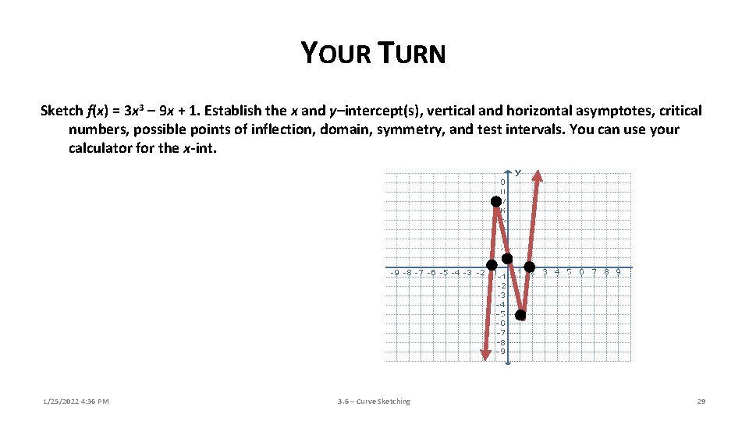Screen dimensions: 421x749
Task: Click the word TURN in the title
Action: pos(412,53)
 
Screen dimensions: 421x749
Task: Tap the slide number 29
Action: pos(701,402)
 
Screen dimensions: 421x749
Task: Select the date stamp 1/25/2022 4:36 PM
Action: pos(76,402)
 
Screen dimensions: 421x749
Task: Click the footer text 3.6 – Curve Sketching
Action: pos(374,402)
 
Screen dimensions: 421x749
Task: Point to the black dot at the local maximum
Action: pos(495,201)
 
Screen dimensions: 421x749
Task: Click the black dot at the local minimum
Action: pos(520,315)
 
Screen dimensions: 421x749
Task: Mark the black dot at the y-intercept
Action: pos(507,259)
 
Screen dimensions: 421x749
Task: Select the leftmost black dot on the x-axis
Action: pos(492,267)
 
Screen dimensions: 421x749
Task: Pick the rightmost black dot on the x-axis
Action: pos(529,267)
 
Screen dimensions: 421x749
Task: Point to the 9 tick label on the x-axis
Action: pos(618,272)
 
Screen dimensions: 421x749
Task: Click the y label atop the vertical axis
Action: pos(516,172)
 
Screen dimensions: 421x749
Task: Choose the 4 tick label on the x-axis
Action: pos(556,272)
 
